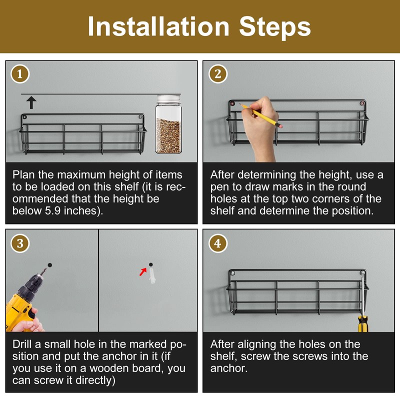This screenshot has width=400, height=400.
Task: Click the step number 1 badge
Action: coord(20,74)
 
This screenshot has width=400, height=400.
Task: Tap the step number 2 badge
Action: coord(218,74)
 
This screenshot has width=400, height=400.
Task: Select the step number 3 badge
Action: coord(20,243)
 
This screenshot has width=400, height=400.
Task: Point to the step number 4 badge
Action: coord(218,243)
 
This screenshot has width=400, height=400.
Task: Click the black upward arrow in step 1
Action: coord(31,102)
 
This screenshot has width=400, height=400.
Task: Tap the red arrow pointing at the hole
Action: coord(143,271)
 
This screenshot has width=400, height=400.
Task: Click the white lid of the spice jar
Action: coord(168,98)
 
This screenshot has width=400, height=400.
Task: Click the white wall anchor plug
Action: coord(152,276)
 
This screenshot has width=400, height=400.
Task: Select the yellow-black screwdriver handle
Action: coord(363,323)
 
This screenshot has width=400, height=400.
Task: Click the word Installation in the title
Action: coord(158,26)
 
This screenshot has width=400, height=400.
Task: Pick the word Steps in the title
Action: coord(274,27)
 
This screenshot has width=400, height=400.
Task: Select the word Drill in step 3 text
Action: coord(22,344)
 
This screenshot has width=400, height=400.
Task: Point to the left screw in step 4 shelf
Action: coord(232,273)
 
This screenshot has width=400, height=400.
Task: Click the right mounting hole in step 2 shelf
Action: coord(362,103)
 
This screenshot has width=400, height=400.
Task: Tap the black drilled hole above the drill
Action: coord(49,265)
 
